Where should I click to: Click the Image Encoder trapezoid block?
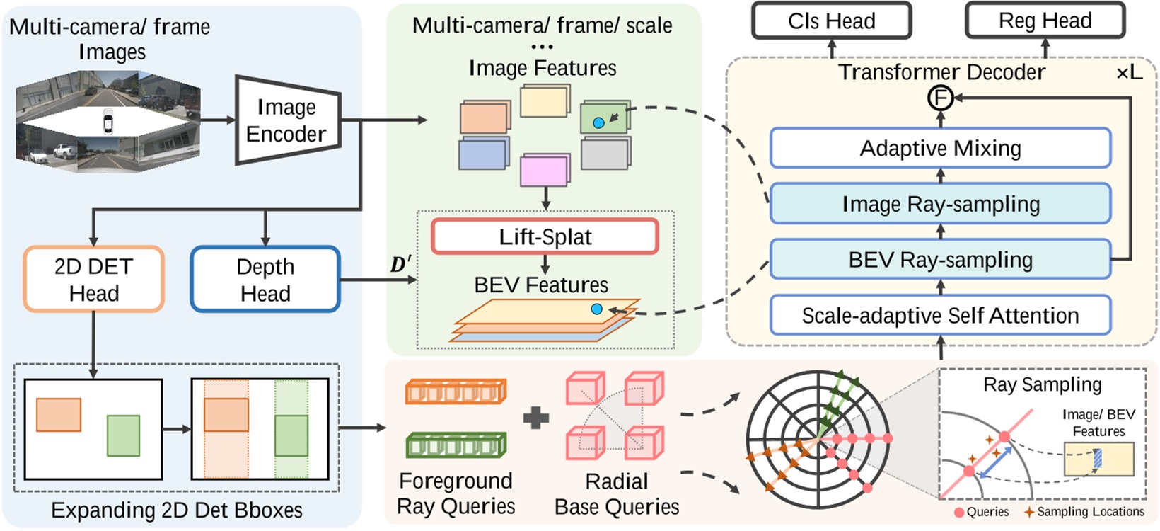coord(286,120)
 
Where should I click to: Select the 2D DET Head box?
coord(93,279)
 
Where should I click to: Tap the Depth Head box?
coord(265,279)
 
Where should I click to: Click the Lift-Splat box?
coord(545,236)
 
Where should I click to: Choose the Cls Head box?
coord(831,21)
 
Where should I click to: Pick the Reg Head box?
coord(1045,21)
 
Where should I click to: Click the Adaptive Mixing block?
coord(940,148)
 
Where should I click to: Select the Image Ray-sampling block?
coord(940,204)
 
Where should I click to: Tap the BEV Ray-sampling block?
coord(940,260)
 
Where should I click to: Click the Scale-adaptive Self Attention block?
coord(940,315)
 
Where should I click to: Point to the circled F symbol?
coord(941,98)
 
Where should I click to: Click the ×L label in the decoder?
coord(1129,72)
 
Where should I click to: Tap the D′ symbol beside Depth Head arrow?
coord(400,265)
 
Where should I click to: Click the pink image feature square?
coord(544,171)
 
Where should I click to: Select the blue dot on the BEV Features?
coord(596,309)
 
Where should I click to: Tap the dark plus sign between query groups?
coord(536,418)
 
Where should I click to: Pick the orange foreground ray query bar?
coord(456,392)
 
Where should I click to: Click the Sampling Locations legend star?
coord(1029,511)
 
